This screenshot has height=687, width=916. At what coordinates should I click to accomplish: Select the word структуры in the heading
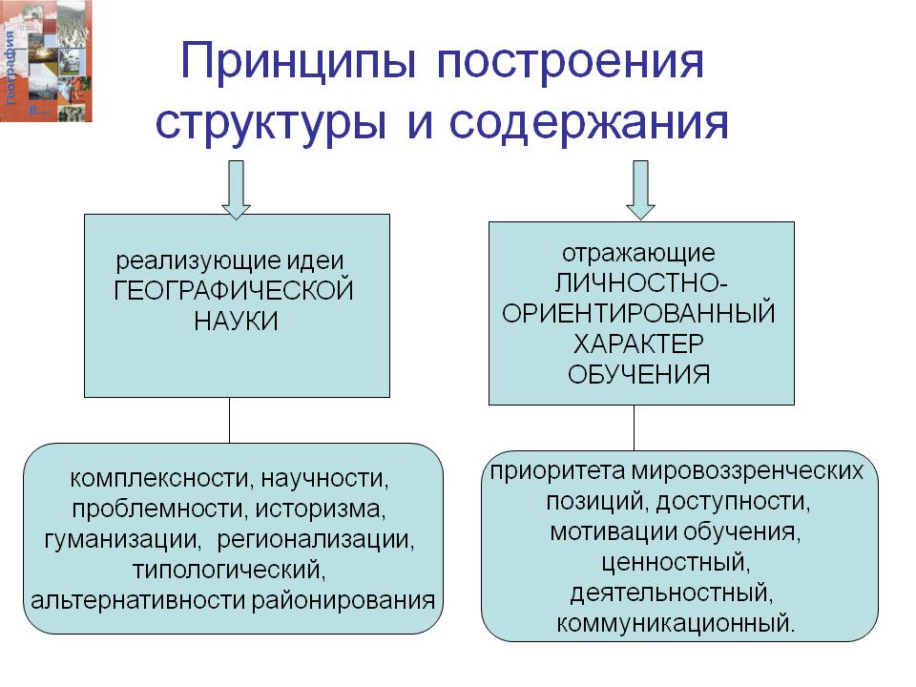(270, 124)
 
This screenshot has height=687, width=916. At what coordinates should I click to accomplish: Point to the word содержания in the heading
(589, 124)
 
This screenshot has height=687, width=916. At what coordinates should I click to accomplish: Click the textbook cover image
(46, 61)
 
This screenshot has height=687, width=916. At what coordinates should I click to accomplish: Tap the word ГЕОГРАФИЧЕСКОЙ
(234, 290)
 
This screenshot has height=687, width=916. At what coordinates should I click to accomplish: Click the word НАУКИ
(236, 321)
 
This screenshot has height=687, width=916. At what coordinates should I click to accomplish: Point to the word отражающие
(638, 254)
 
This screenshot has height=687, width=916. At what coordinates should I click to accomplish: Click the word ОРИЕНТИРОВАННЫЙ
(638, 314)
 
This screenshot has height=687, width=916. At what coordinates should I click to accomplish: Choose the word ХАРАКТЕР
(638, 343)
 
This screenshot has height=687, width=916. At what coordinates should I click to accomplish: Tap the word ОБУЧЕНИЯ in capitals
(638, 374)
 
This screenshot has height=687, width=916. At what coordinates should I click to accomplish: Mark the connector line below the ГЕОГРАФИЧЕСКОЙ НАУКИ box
(230, 421)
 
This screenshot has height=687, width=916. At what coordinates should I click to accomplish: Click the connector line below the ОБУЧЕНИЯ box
(634, 428)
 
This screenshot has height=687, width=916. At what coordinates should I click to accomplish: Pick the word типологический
(229, 570)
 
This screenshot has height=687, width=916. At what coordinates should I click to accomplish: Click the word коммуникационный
(676, 623)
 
